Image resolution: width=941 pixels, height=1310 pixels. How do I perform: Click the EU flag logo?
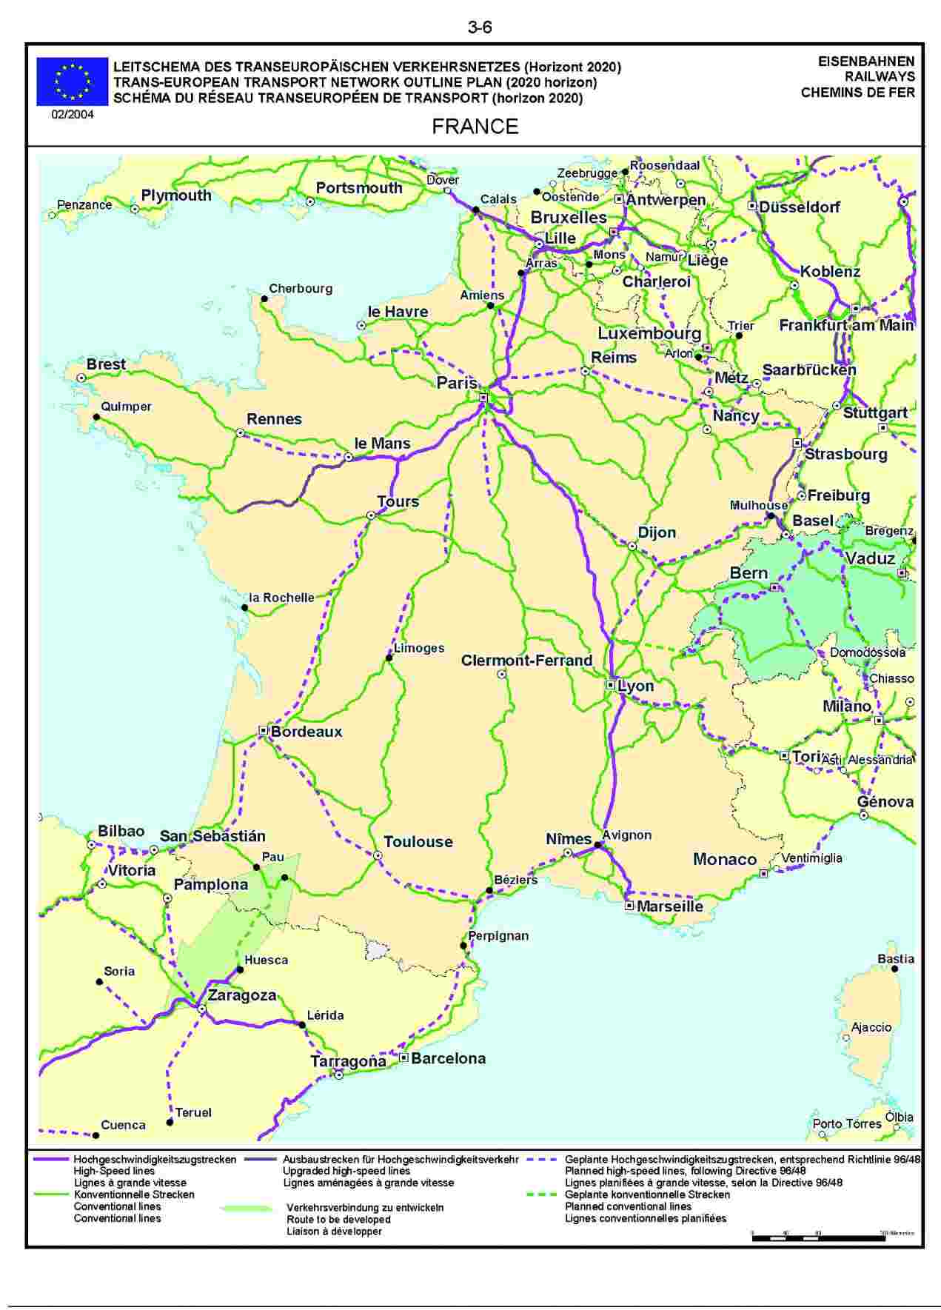coord(73,81)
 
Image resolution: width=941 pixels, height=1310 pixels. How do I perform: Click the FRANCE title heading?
coord(475,127)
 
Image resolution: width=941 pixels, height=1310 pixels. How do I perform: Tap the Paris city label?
coord(457,383)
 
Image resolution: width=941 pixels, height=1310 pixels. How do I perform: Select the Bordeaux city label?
coord(307,732)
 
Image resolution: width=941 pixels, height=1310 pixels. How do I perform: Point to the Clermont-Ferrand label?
coord(526,660)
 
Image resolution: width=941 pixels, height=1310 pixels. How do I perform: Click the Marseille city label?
coord(669,906)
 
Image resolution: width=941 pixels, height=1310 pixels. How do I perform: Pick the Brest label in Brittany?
coord(106,364)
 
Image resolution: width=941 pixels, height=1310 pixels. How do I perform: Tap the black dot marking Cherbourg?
coord(264,299)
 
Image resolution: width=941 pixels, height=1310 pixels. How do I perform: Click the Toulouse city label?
coord(418,842)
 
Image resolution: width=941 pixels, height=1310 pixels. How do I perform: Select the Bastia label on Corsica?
coord(895,959)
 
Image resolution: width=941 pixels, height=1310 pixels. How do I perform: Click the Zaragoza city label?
coord(241,995)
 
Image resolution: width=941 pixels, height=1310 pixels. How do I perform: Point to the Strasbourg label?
coord(845,454)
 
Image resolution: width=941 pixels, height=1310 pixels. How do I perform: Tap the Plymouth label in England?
coord(176,196)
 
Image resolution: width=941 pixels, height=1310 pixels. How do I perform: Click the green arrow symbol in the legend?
coord(247,1209)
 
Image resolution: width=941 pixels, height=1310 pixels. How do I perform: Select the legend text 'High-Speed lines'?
coord(114,1172)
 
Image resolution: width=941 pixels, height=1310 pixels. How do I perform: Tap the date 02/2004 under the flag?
coord(73,115)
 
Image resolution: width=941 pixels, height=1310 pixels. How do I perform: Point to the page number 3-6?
coord(480,28)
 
